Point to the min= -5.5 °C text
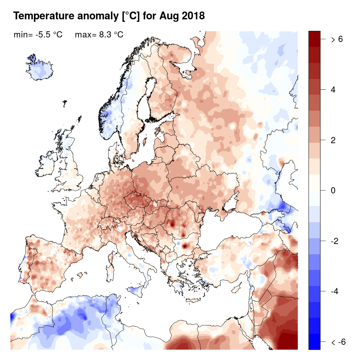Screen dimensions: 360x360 point(38,35)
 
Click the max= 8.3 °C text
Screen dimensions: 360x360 point(99,35)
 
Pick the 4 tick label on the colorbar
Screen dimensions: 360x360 point(333,90)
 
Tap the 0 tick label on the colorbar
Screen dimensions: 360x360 point(333,190)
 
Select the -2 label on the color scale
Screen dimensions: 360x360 point(335,241)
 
